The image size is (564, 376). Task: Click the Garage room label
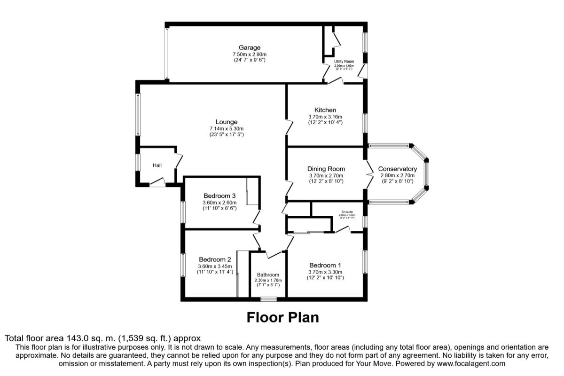click(x=249, y=47)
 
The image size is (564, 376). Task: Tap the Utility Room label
click(x=344, y=62)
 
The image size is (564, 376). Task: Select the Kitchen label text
click(x=325, y=110)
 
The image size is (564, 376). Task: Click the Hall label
click(x=157, y=165)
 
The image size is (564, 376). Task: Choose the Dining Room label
click(x=326, y=169)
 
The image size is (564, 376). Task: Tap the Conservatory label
click(x=397, y=169)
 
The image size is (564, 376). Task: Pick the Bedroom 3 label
click(x=219, y=196)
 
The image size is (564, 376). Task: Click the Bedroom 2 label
click(x=215, y=259)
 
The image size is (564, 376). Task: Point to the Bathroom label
click(x=268, y=275)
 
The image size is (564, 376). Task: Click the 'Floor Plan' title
click(x=282, y=317)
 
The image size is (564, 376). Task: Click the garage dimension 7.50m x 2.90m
click(x=249, y=54)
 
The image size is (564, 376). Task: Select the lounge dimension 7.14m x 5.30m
click(x=227, y=128)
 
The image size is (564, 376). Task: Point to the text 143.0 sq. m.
click(x=93, y=338)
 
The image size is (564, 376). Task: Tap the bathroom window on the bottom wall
click(x=268, y=298)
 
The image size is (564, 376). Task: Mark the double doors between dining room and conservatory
click(x=367, y=175)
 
